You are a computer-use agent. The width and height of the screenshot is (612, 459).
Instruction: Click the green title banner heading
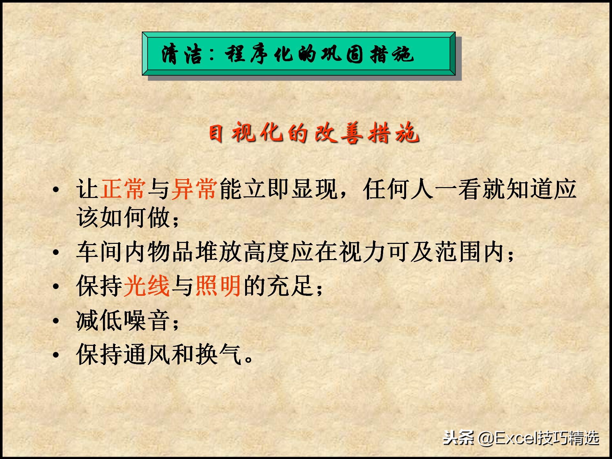[298, 54]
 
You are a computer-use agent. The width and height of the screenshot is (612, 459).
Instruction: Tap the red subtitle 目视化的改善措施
[314, 133]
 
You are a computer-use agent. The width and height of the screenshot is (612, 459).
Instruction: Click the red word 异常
[195, 189]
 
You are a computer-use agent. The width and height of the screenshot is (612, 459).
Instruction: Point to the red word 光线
[147, 286]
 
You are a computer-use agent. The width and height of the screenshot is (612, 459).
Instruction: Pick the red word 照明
[218, 286]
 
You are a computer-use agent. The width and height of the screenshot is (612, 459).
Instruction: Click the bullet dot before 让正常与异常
[56, 189]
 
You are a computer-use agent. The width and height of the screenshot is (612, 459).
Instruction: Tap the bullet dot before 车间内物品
[56, 252]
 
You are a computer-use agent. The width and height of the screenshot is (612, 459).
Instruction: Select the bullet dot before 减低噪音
[56, 321]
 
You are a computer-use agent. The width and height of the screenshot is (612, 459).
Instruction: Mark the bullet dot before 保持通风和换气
[56, 354]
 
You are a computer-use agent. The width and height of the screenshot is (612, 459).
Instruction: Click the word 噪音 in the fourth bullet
[147, 320]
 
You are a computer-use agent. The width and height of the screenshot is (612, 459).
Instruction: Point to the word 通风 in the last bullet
[147, 354]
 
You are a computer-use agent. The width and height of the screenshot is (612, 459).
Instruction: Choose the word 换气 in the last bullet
[218, 354]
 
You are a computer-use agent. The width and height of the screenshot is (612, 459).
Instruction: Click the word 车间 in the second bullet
[99, 252]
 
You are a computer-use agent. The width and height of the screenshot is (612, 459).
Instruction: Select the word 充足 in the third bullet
[290, 286]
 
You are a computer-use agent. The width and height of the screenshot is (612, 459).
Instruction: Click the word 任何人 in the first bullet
[398, 189]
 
